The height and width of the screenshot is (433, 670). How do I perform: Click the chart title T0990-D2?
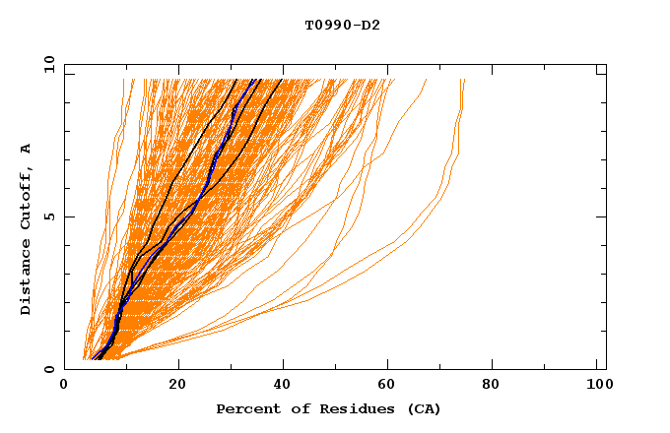click(342, 26)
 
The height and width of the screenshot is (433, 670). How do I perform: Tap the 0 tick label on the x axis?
click(64, 388)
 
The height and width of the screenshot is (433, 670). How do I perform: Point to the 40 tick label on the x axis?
click(283, 388)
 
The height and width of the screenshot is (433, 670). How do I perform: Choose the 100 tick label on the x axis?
click(597, 388)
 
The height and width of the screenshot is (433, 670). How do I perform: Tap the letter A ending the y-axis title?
click(27, 149)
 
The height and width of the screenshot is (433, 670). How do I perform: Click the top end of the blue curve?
click(253, 80)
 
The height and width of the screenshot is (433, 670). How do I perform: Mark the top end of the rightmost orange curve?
click(464, 80)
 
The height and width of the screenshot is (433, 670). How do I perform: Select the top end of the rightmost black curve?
click(282, 80)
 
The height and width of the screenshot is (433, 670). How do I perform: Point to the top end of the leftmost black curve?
click(237, 80)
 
